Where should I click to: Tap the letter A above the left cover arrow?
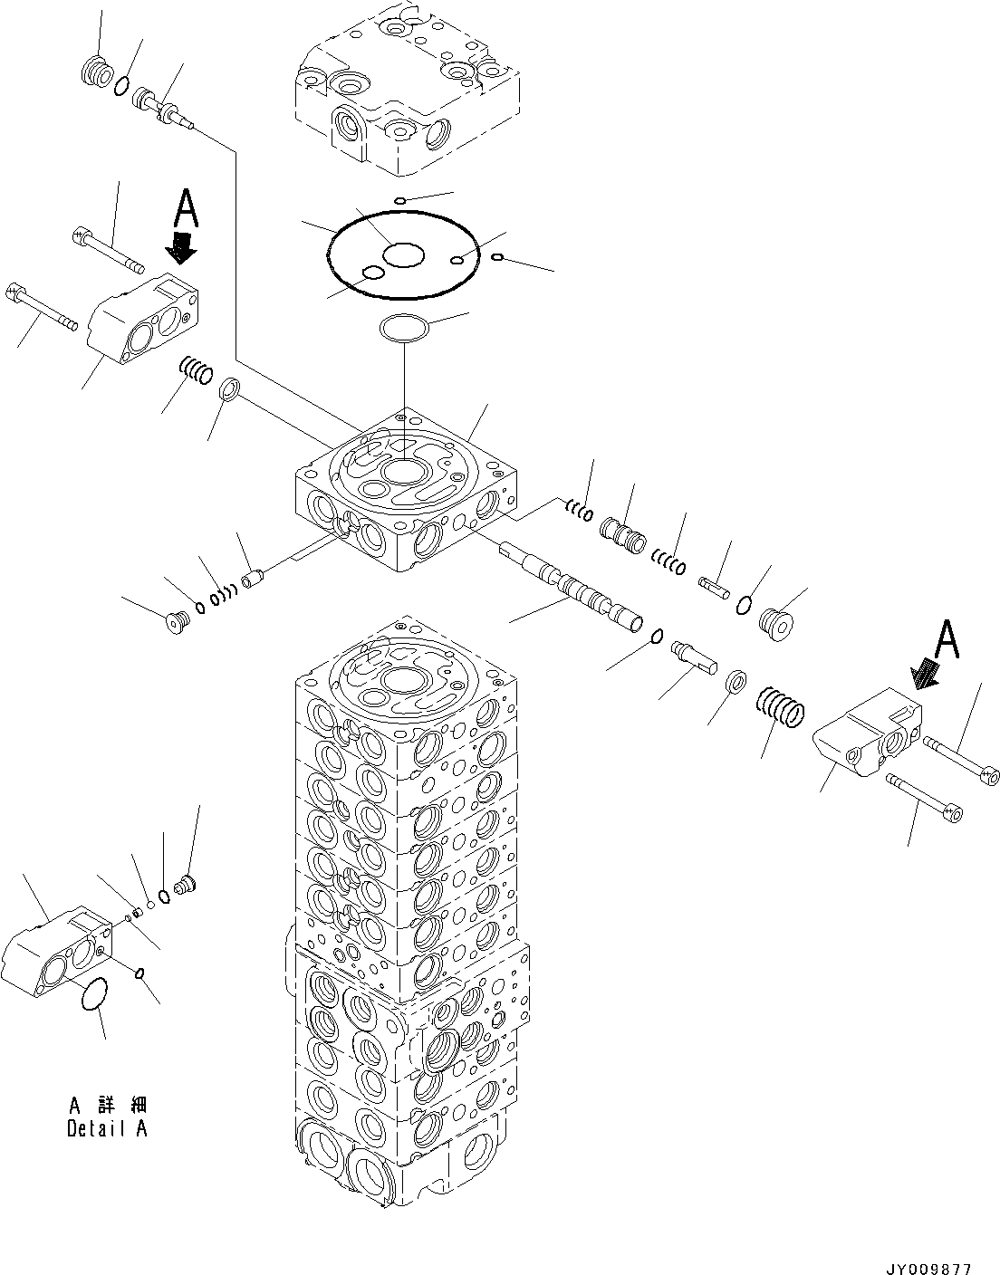(187, 207)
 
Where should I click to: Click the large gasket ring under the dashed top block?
(403, 254)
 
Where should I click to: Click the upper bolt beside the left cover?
(108, 251)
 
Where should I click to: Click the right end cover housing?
(868, 733)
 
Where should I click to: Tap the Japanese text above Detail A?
(108, 1106)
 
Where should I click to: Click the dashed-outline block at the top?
(406, 88)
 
